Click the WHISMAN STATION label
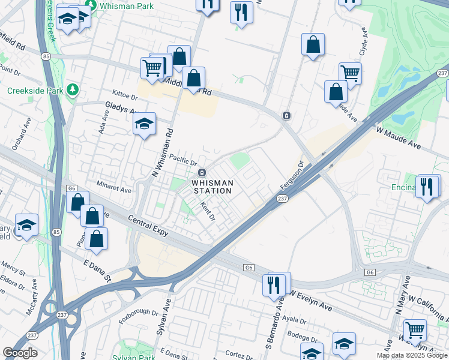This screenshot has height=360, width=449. tap(212, 187)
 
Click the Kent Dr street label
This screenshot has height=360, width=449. tap(208, 211)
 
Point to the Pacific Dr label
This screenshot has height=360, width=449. tap(183, 160)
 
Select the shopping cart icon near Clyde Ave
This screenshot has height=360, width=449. tap(350, 73)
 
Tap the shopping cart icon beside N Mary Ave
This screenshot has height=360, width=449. tap(415, 329)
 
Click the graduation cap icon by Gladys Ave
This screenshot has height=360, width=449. tap(144, 124)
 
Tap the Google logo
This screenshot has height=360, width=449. tap(20, 353)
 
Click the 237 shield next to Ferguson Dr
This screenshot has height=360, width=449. tap(283, 199)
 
